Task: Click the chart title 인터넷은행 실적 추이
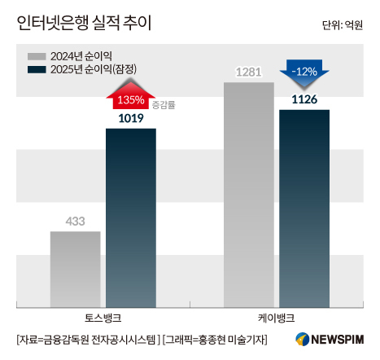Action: click(84, 23)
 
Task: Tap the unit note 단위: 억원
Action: click(343, 25)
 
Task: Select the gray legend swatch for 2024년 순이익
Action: click(37, 56)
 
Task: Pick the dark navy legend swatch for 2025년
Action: click(37, 69)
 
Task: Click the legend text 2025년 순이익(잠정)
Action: click(94, 69)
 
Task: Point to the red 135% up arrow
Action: click(131, 95)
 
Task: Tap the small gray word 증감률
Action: click(164, 105)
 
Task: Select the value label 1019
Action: click(131, 118)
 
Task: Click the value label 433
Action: click(75, 222)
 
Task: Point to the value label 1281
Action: click(248, 72)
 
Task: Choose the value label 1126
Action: click(304, 99)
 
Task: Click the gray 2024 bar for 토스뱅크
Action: click(75, 270)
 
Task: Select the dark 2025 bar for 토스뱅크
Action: click(131, 218)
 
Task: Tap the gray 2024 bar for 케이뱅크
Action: click(249, 195)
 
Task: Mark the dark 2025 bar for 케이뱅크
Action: click(304, 209)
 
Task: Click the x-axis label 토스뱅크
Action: click(103, 318)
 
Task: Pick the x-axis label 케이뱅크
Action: click(277, 318)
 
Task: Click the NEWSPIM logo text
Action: click(337, 340)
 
